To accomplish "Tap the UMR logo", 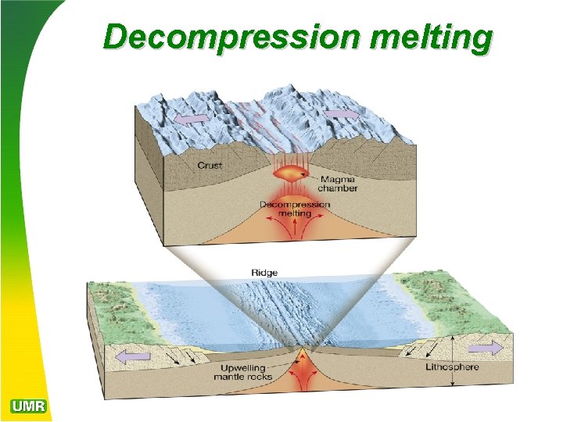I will (x=29, y=406).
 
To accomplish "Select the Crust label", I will (x=210, y=165).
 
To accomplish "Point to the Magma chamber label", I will (x=338, y=184).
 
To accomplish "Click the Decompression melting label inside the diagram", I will (x=295, y=209).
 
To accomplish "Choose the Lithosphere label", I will (x=452, y=367).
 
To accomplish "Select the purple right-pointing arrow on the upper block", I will (x=339, y=114).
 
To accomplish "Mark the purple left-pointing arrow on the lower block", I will (x=133, y=356).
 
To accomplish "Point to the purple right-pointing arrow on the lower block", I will (x=486, y=348).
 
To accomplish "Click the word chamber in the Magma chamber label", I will (x=338, y=188).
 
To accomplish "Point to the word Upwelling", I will (x=242, y=367).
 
